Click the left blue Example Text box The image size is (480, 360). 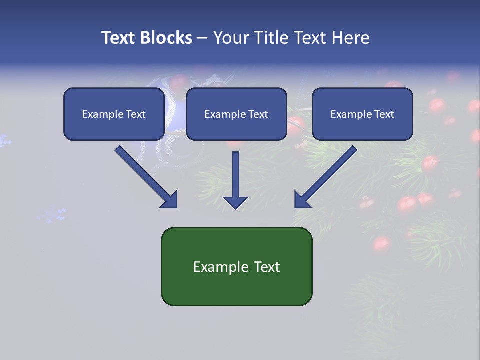point(114,114)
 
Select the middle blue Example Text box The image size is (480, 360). point(236,114)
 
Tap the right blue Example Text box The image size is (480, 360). point(362,114)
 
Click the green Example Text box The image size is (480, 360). point(236,266)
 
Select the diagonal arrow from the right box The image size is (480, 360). point(327,175)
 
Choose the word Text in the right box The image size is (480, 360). point(384,114)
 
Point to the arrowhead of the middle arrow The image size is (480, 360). point(235,201)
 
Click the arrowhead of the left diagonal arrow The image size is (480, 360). point(170,199)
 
